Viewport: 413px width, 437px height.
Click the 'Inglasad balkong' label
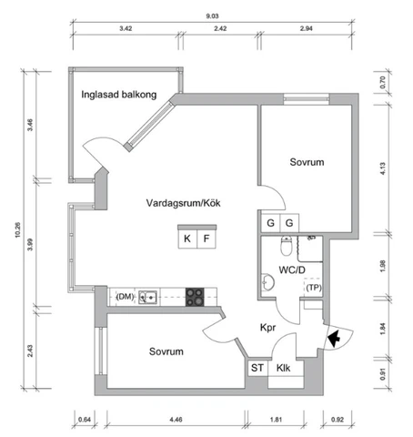point(119,95)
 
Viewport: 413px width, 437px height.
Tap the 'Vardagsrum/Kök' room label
point(183,203)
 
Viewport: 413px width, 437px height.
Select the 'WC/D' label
point(292,269)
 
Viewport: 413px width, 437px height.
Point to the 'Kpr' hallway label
point(268,328)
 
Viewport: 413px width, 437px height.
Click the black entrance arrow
point(334,338)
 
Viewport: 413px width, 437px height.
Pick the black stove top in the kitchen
point(195,297)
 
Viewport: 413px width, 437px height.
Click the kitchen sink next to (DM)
point(147,297)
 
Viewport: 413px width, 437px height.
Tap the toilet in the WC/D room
point(286,246)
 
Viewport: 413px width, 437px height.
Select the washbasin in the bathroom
point(267,282)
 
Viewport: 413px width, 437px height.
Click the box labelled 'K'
point(187,239)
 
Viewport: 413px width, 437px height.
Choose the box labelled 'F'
point(206,239)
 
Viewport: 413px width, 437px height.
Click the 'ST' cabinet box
point(257,368)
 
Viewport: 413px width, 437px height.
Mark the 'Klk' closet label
point(283,368)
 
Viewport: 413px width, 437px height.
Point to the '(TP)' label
point(314,288)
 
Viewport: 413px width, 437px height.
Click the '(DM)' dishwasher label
point(125,297)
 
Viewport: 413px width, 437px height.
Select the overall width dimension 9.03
point(212,16)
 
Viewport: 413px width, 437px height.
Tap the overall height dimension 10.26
point(17,229)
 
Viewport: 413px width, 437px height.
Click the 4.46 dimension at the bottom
point(176,420)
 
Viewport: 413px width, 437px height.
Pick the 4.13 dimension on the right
point(383,168)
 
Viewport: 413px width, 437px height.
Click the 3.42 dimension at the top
point(126,28)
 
